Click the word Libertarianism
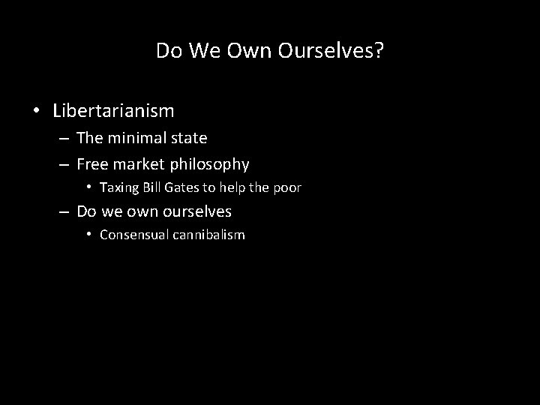click(113, 112)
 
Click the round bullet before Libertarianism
click(36, 112)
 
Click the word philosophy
click(212, 164)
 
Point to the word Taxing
click(117, 187)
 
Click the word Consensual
click(133, 235)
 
